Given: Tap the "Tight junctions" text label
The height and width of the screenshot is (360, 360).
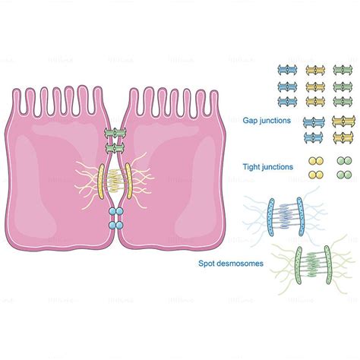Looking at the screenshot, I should [x=267, y=167].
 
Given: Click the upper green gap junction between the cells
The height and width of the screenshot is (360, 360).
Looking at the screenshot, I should [x=114, y=134].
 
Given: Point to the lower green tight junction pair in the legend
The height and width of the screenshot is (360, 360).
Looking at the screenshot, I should [x=343, y=175].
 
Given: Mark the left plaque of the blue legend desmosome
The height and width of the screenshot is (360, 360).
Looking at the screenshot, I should [x=253, y=215].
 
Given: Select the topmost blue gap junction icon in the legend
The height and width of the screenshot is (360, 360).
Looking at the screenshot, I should [x=287, y=71].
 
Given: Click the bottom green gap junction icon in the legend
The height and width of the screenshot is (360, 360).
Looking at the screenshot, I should [x=343, y=138].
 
